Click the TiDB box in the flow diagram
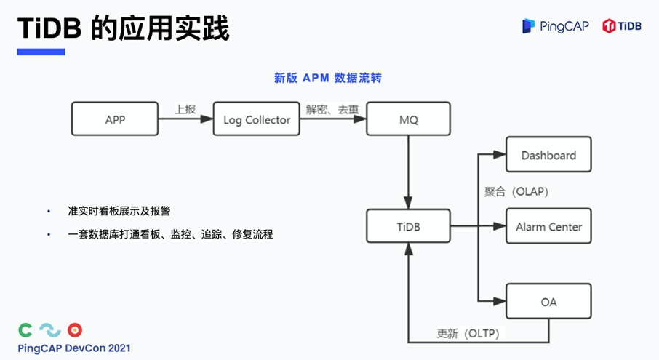(408, 227)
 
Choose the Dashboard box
(548, 155)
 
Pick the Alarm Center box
(548, 227)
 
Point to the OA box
(548, 301)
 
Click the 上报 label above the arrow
(185, 110)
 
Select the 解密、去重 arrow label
(332, 110)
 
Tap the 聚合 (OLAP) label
(516, 192)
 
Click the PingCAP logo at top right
(554, 26)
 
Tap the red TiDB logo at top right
(622, 26)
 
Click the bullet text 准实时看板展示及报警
(119, 211)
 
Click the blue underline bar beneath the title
(41, 52)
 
